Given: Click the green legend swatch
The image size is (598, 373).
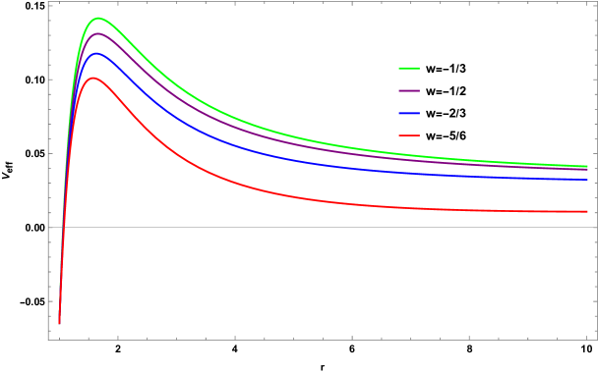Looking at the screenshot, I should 409,69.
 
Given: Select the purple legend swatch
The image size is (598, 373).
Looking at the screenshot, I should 409,90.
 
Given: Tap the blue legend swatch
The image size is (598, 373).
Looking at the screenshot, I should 409,113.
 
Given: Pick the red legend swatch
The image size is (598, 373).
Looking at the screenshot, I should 409,135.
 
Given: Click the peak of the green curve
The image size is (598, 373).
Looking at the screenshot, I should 98,18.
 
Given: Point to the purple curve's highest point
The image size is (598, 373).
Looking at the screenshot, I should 97,33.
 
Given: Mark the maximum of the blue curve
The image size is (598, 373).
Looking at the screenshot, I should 95,53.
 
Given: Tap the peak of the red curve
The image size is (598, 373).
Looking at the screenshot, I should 92,78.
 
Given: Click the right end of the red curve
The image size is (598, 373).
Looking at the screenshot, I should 587,211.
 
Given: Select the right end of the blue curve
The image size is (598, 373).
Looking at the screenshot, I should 587,180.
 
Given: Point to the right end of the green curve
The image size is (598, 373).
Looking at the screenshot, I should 587,166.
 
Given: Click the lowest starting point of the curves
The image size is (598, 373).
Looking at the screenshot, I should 59,323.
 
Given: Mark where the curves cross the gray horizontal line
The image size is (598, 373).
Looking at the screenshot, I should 63,227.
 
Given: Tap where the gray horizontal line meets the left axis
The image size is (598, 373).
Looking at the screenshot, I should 48,227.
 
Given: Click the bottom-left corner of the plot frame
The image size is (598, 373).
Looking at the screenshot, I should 48,340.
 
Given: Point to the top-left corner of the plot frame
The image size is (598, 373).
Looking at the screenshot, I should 48,2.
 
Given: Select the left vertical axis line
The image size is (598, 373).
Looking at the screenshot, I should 48,147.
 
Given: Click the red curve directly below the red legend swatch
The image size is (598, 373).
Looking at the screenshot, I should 409,207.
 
